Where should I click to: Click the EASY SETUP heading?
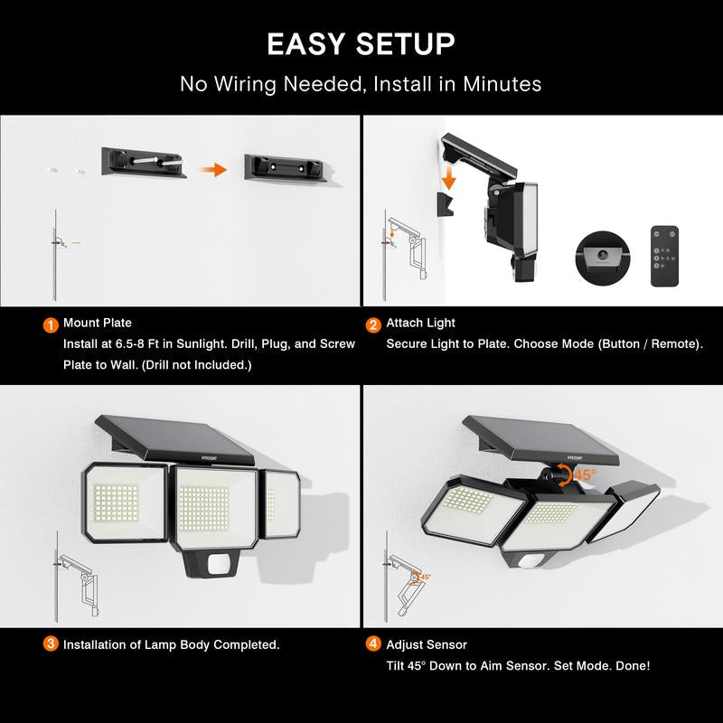tap(361, 44)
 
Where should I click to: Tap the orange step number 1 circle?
tap(51, 324)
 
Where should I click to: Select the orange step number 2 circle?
tap(373, 324)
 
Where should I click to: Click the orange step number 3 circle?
tap(51, 643)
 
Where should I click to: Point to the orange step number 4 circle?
tap(373, 643)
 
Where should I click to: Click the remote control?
tap(664, 256)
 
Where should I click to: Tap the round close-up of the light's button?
tap(602, 258)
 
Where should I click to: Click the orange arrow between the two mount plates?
tap(213, 170)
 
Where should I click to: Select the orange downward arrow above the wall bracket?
tap(447, 178)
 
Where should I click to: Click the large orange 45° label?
tap(585, 474)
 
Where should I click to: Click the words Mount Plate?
tap(98, 323)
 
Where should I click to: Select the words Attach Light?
tap(420, 323)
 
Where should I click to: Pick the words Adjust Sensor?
tap(427, 644)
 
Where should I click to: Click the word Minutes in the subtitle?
tap(502, 84)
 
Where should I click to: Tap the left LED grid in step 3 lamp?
tap(116, 502)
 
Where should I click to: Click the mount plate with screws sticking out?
tap(144, 163)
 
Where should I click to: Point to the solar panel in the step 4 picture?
tap(540, 439)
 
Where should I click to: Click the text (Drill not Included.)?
tap(197, 365)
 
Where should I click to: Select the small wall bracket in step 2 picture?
tap(445, 204)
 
